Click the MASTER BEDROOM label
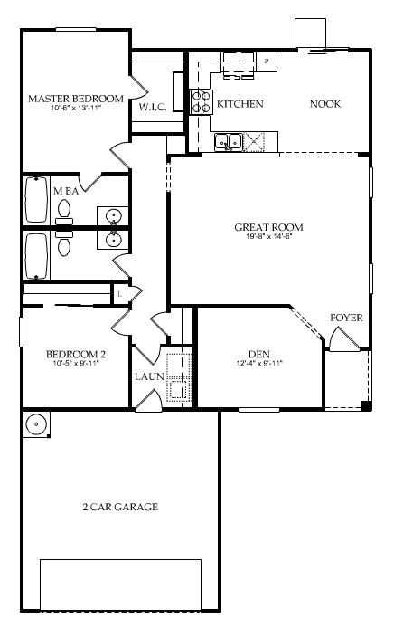point(75,98)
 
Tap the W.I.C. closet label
point(152,107)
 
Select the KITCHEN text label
point(239,104)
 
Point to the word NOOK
point(324,104)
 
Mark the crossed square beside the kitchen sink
point(255,141)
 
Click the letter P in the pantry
point(266,60)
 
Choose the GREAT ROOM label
point(268,227)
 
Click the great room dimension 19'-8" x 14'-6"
point(268,237)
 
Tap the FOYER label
point(346,318)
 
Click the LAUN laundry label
point(148,376)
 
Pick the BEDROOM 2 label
point(76,355)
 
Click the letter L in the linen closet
point(119,293)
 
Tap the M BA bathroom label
point(66,191)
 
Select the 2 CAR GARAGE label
point(120,508)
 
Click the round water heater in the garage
point(36,423)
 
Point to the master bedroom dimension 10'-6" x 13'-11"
point(75,108)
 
